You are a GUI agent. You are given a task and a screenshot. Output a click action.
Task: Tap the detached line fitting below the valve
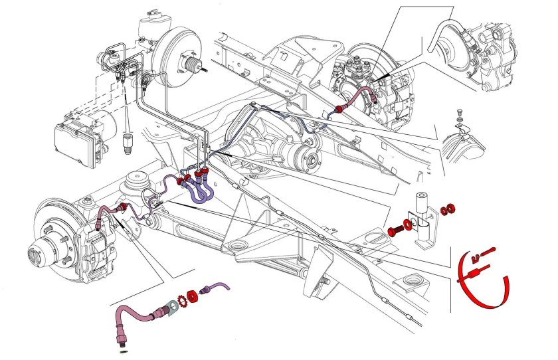[x=128, y=142]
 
